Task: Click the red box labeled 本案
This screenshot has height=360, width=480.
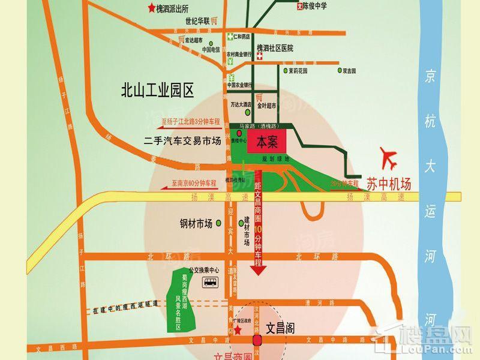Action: [268, 143]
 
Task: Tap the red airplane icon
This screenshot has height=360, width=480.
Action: [389, 159]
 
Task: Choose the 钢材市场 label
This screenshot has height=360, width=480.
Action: [196, 224]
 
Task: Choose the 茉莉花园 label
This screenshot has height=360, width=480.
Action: [298, 70]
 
